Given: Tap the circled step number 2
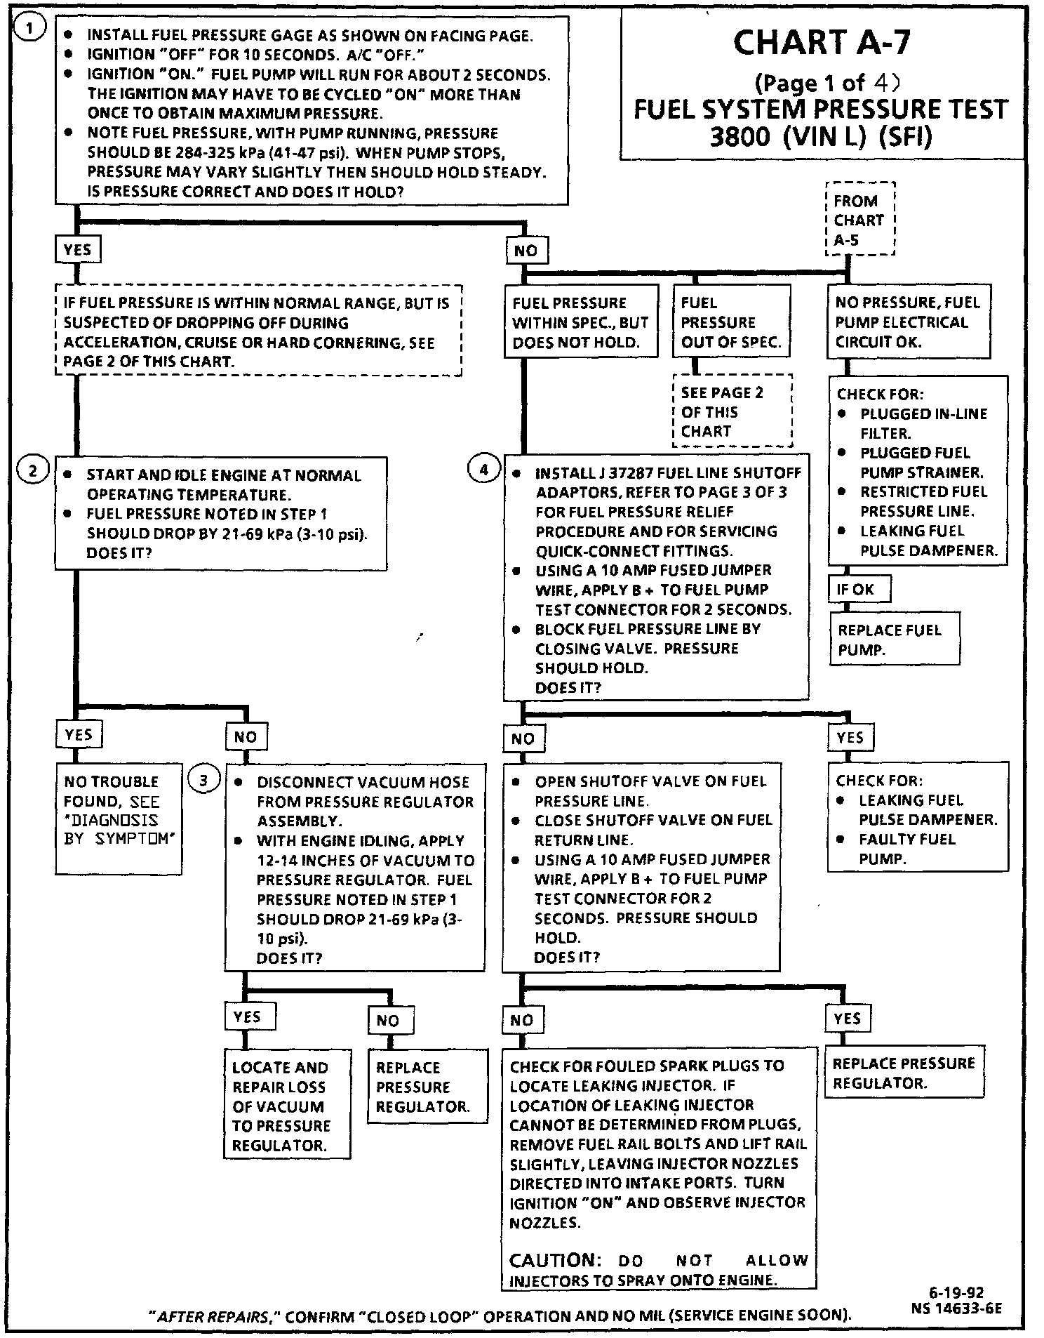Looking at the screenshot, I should pos(32,470).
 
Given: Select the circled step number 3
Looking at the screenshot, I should pos(203,780).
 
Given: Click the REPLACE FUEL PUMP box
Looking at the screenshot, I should pos(894,640).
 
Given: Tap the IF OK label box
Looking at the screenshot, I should pos(859,589).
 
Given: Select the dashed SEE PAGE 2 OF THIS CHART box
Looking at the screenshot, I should pos(732,411).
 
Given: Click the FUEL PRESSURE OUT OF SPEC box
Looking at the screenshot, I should pos(732,322).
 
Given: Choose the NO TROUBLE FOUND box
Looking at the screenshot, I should pos(118,818).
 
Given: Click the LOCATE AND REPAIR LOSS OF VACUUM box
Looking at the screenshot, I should pos(286,1106).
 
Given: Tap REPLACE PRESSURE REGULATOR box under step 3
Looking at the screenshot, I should pos(427,1087).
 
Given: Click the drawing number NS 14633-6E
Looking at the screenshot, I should pos(957,1308).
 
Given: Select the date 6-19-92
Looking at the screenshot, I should pos(957,1292).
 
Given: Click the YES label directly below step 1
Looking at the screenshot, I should pos(77,249).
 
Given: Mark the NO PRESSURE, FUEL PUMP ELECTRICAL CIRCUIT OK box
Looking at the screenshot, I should pos(908,322).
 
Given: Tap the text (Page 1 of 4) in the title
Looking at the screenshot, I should pos(826,84).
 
